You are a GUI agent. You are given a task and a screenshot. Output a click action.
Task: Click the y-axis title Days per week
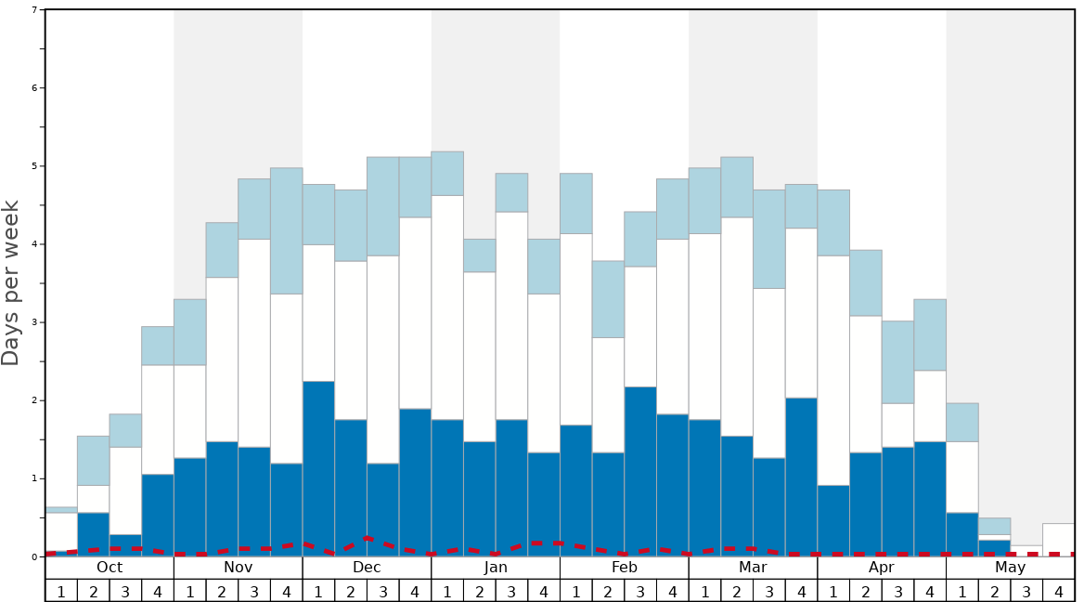(11, 282)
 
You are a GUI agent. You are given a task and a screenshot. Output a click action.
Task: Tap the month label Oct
(110, 568)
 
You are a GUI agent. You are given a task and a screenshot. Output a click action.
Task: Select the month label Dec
(367, 568)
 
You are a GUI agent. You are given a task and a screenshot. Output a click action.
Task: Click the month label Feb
(625, 568)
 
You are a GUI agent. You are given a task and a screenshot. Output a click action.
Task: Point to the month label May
(1011, 568)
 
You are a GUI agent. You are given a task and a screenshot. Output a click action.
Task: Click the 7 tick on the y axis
(34, 10)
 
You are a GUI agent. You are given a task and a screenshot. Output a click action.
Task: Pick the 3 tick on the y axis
(34, 322)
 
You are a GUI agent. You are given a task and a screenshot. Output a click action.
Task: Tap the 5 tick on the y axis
(34, 166)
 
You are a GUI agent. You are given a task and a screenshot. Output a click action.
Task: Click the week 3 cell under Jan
(511, 591)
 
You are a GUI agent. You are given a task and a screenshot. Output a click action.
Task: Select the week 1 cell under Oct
(61, 591)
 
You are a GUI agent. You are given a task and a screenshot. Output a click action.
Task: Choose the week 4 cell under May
(1059, 591)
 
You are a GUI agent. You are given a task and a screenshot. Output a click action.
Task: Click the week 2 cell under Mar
(737, 591)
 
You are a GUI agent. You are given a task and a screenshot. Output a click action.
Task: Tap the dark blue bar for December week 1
(318, 468)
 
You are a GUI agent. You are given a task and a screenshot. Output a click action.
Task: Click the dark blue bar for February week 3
(640, 471)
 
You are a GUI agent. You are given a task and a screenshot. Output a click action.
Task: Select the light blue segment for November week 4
(286, 230)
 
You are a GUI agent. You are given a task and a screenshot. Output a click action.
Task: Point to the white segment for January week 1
(447, 307)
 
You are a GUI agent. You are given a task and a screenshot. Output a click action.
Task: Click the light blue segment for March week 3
(769, 239)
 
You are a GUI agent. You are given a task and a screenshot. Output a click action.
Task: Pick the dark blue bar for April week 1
(833, 520)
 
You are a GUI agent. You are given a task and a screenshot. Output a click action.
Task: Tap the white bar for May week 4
(1059, 540)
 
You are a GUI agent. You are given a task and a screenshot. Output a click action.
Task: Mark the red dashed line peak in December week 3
(368, 538)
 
